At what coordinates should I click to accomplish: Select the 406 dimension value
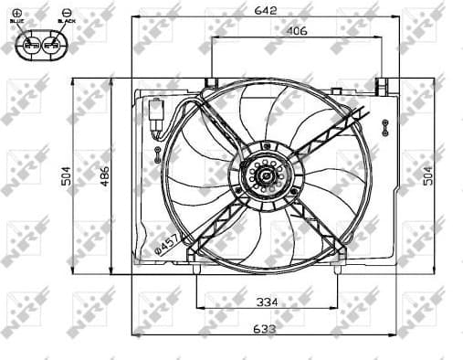tap(295, 30)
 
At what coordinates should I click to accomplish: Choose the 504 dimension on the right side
tap(429, 176)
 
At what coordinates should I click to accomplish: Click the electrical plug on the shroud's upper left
tap(155, 110)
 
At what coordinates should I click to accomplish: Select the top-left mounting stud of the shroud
tap(211, 84)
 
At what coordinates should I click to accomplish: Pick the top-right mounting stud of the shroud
tap(381, 86)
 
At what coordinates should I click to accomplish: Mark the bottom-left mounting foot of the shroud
tap(197, 269)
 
